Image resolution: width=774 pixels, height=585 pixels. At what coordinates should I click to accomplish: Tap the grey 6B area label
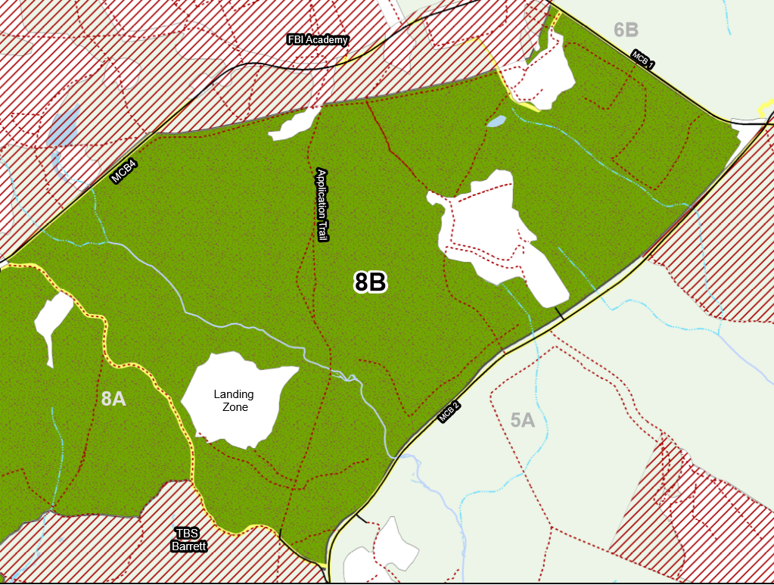[x=626, y=30]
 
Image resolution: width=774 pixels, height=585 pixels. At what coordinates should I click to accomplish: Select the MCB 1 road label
[x=644, y=60]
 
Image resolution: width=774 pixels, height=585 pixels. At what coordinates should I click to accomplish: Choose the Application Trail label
[x=322, y=204]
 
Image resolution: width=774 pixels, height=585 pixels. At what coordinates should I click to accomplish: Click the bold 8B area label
[x=371, y=282]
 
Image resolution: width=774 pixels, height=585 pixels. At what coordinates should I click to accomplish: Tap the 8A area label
[x=113, y=398]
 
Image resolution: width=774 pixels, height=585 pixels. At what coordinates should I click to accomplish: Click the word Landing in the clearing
[x=233, y=394]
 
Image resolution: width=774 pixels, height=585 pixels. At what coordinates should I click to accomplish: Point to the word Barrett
[x=187, y=545]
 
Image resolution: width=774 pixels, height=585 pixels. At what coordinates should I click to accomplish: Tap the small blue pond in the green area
[x=496, y=121]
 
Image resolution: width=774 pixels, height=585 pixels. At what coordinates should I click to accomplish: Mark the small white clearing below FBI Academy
[x=294, y=126]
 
